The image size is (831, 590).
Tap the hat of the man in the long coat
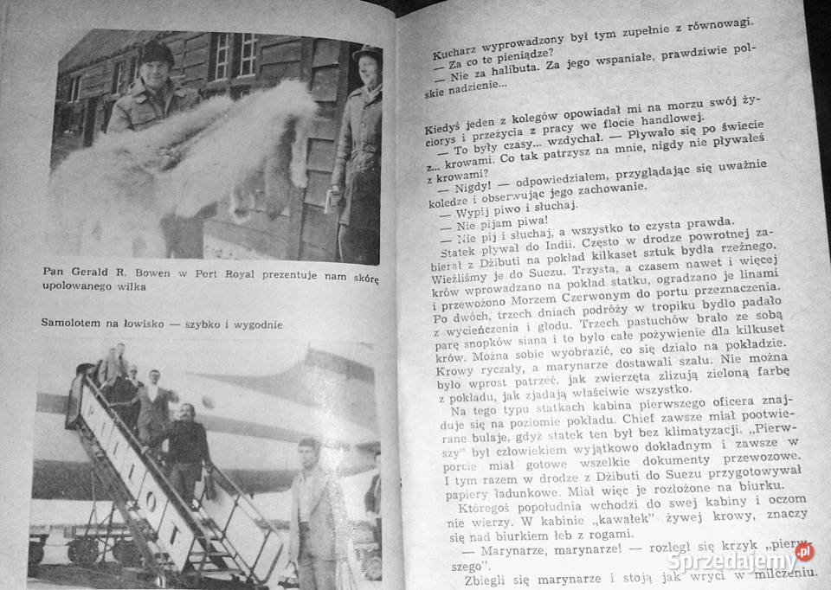[366, 53]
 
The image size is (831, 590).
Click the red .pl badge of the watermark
[804, 551]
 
